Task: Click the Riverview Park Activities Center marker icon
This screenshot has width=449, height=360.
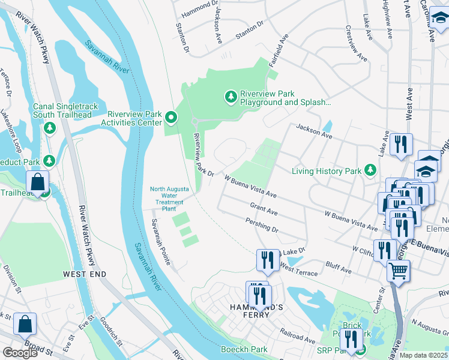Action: (x=171, y=117)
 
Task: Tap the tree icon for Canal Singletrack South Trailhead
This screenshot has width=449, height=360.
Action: (x=50, y=128)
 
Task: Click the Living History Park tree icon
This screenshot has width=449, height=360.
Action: (x=370, y=171)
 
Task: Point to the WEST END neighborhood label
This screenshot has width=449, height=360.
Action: (x=85, y=274)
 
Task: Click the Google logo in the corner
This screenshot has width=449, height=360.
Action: (x=20, y=353)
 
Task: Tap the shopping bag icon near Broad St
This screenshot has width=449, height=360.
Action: (x=25, y=324)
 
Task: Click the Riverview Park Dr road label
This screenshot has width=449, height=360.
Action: (x=203, y=155)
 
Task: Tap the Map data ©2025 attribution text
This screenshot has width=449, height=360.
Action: (x=424, y=355)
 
